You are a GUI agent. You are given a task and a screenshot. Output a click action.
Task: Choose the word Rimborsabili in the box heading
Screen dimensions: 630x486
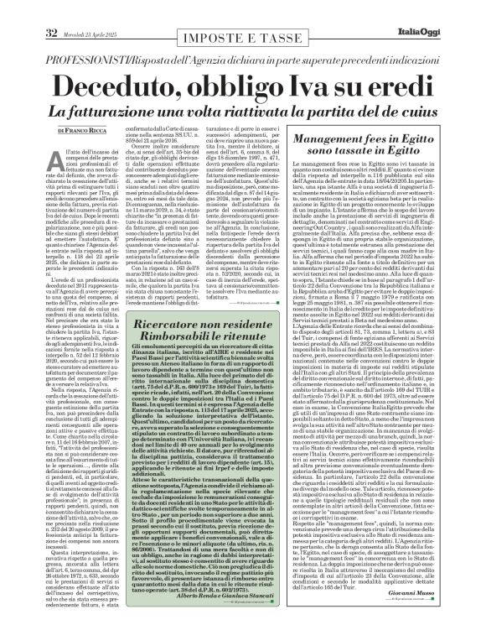[170, 267]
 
